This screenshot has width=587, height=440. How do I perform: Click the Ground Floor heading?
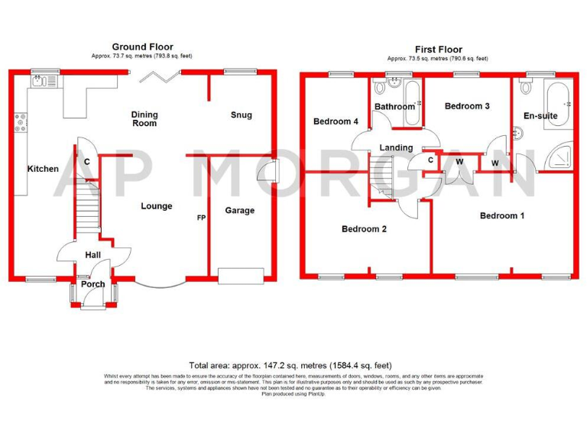pyautogui.click(x=142, y=47)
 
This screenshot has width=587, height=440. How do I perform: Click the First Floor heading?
pyautogui.click(x=437, y=47)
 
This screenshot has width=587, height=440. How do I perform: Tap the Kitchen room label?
pyautogui.click(x=43, y=169)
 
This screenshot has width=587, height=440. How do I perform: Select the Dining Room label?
pyautogui.click(x=144, y=118)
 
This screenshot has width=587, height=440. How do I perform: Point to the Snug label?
pyautogui.click(x=241, y=115)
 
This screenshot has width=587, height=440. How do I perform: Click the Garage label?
pyautogui.click(x=240, y=210)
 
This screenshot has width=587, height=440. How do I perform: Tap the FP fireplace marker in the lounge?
pyautogui.click(x=201, y=218)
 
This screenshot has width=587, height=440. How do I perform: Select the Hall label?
pyautogui.click(x=92, y=256)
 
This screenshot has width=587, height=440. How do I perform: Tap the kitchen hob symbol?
pyautogui.click(x=20, y=122)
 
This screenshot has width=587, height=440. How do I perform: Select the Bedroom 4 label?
pyautogui.click(x=336, y=121)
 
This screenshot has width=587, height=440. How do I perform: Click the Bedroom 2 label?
pyautogui.click(x=364, y=229)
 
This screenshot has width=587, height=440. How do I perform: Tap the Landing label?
pyautogui.click(x=396, y=147)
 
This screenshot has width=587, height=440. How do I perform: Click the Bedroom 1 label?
pyautogui.click(x=501, y=215)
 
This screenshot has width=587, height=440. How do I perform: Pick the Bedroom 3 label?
pyautogui.click(x=467, y=106)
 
